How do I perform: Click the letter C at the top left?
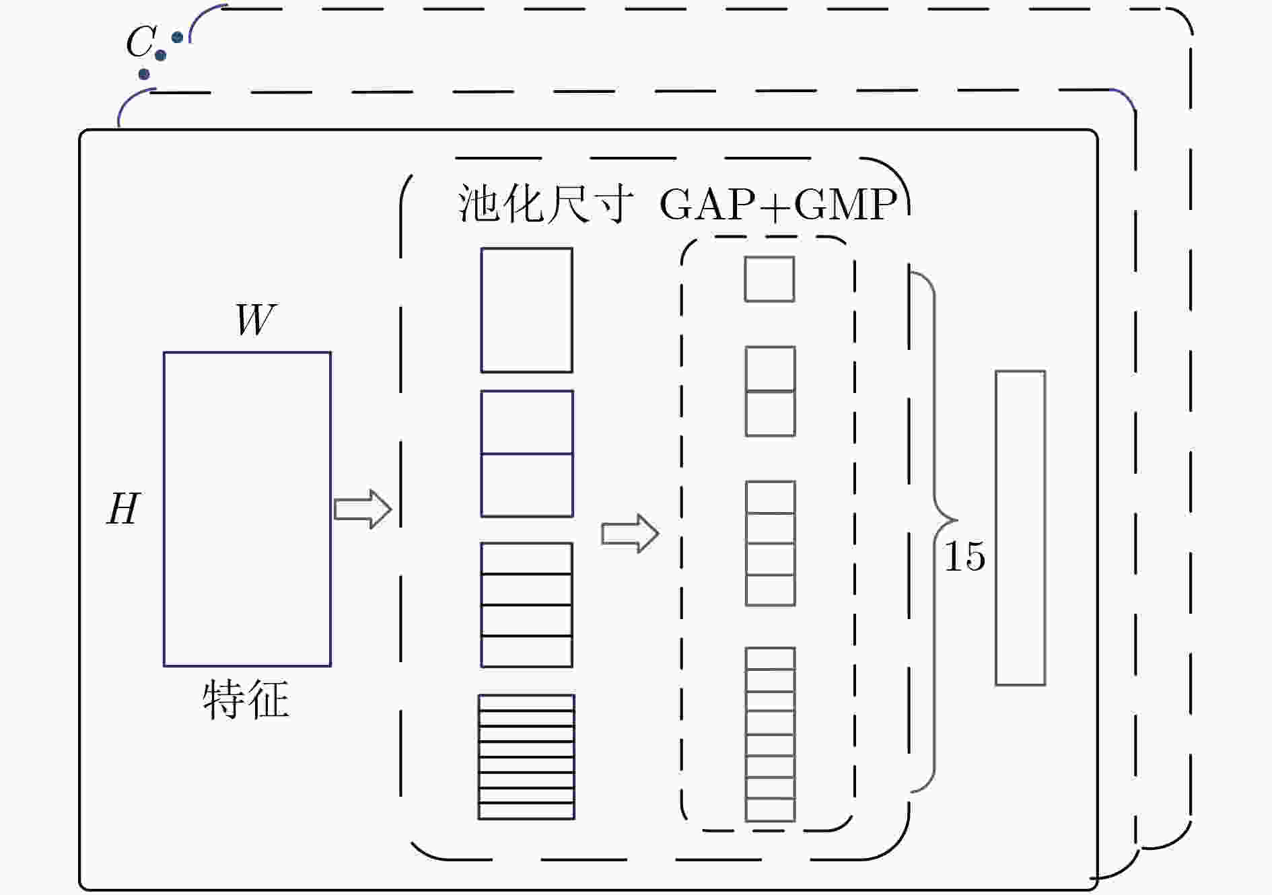[x=141, y=42]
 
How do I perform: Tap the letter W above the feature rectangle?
[x=256, y=319]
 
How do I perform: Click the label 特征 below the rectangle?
[x=246, y=699]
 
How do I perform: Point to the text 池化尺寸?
[x=545, y=203]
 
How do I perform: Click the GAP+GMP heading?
[x=779, y=204]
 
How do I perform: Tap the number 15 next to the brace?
[x=965, y=556]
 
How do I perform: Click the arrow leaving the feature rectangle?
[x=363, y=509]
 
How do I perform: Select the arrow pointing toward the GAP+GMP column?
[x=630, y=534]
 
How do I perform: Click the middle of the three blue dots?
[x=160, y=55]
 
